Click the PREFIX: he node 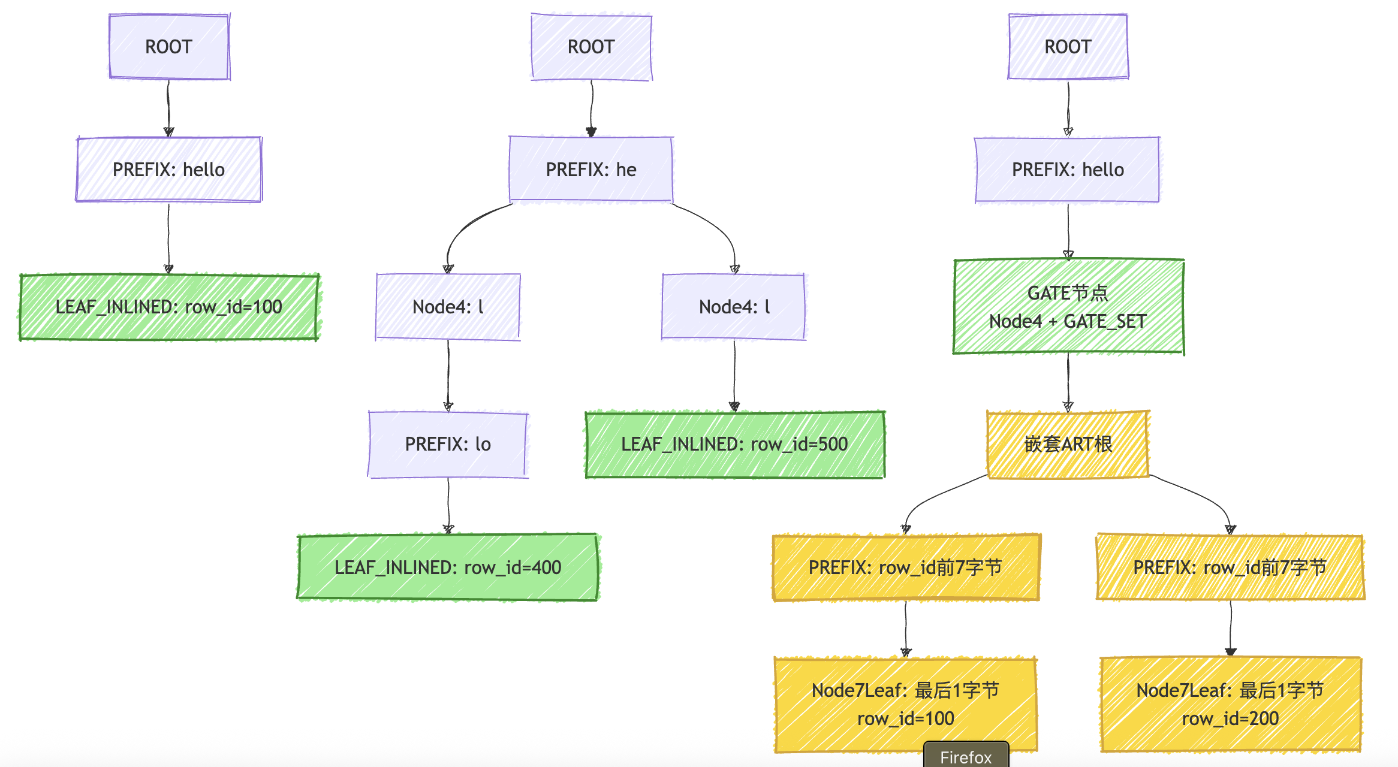click(591, 170)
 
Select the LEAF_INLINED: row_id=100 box click(169, 307)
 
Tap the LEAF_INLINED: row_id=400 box click(448, 567)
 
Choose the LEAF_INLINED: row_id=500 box click(734, 444)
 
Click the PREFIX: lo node click(448, 444)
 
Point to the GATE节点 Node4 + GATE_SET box click(1068, 307)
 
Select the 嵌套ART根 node click(1068, 444)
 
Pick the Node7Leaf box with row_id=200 click(1230, 704)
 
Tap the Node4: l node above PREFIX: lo click(448, 307)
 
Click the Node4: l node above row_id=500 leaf click(734, 307)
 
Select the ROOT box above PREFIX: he click(591, 47)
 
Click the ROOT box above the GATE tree click(1068, 47)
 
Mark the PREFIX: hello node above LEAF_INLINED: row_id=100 click(169, 170)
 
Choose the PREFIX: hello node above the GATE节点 click(1068, 170)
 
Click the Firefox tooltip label click(966, 757)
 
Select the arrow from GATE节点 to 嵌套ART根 click(1068, 382)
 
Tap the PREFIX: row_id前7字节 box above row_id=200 click(1230, 567)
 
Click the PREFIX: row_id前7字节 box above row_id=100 click(905, 567)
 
